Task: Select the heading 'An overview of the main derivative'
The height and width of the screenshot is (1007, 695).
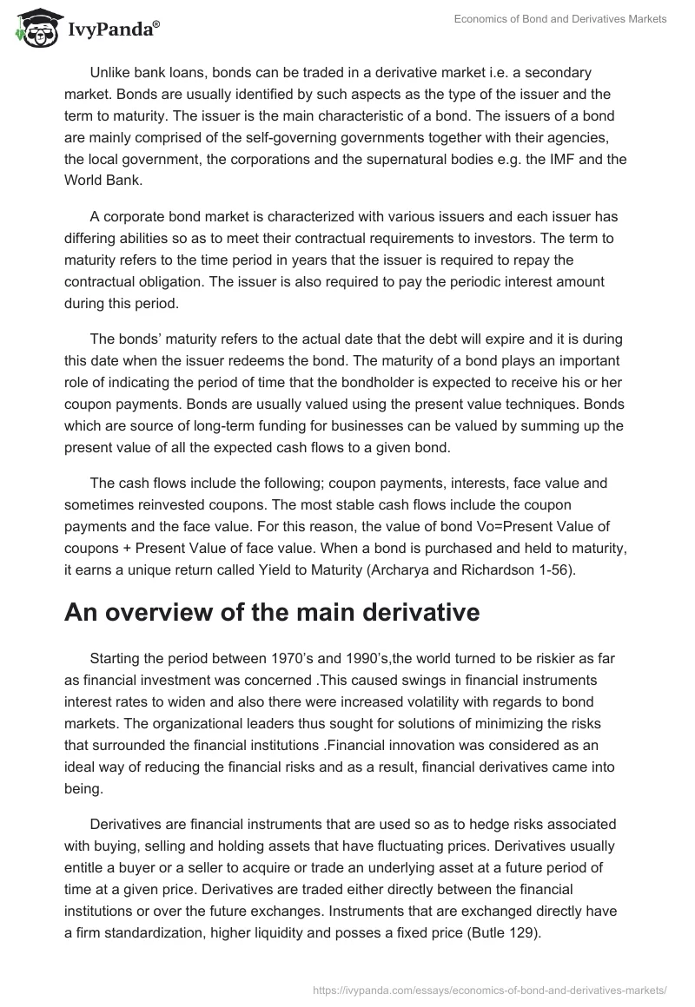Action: point(272,612)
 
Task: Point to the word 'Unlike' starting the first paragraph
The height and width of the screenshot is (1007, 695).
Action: point(109,73)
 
